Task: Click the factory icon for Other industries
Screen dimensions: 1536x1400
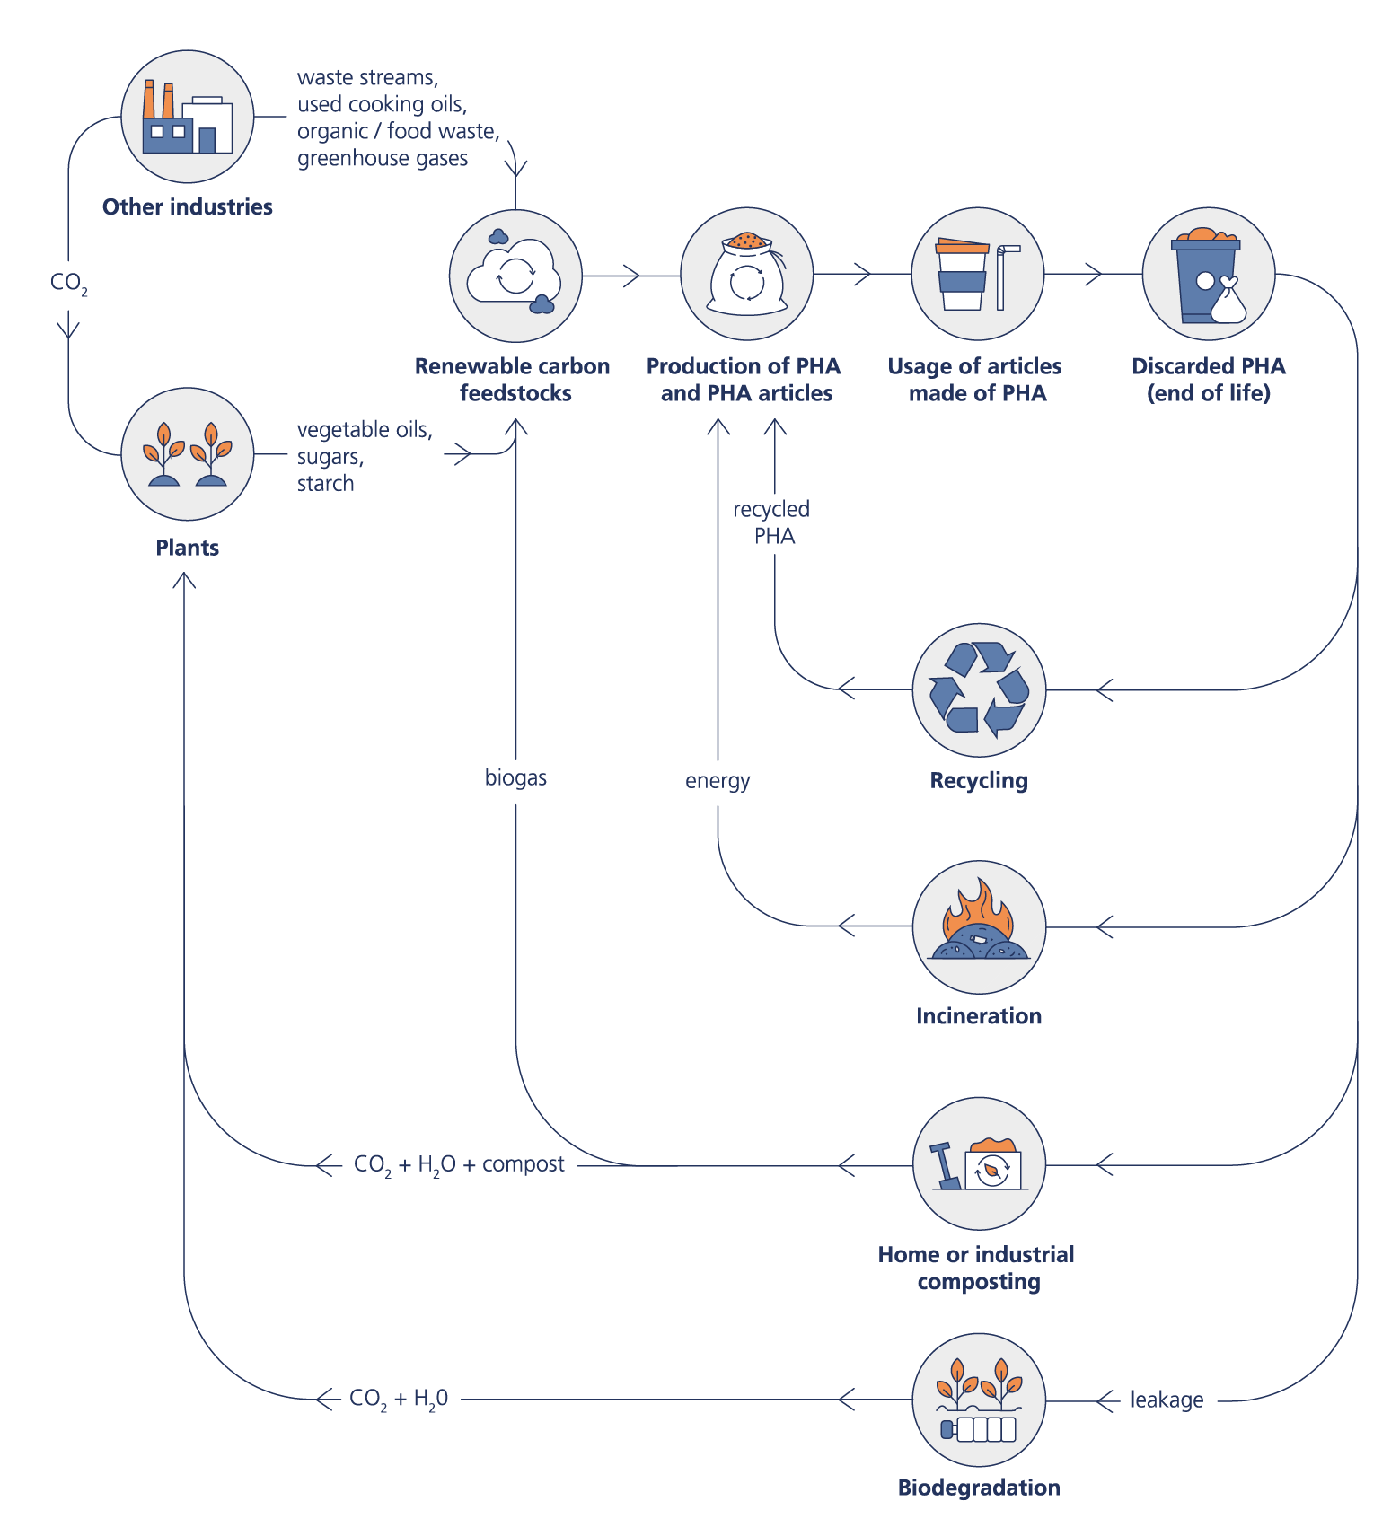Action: click(188, 117)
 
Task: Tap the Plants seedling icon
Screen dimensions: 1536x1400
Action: click(188, 454)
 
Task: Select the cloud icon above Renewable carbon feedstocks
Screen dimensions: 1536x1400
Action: click(515, 276)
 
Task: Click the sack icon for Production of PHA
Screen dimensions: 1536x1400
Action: click(746, 275)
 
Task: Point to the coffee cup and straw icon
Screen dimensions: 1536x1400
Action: click(977, 275)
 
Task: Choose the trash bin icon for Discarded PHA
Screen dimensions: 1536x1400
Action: click(1208, 275)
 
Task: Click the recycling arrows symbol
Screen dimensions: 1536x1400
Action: click(979, 689)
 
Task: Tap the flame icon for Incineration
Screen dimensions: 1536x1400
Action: click(979, 926)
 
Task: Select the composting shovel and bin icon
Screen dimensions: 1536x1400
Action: click(979, 1164)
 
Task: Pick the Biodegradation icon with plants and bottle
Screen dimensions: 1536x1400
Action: click(979, 1400)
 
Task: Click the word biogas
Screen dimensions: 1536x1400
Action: click(515, 777)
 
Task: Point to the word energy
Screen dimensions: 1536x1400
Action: click(718, 781)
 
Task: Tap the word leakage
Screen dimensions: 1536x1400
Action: click(1167, 1400)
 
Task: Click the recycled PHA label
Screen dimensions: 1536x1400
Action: click(772, 522)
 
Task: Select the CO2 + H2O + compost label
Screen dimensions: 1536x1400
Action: click(459, 1164)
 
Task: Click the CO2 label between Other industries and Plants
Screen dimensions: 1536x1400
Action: click(68, 284)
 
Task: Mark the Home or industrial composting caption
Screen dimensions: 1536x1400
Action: click(977, 1268)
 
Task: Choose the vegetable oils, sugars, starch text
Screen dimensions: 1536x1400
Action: click(363, 456)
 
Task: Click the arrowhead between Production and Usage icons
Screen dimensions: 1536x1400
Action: click(863, 274)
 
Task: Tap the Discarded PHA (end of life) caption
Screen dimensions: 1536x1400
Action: click(1208, 379)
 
